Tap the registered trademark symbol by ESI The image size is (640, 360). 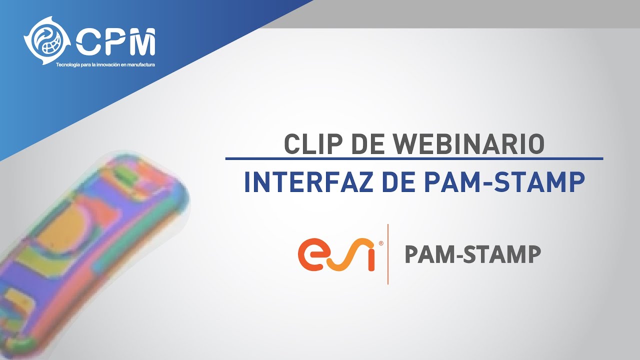click(x=381, y=243)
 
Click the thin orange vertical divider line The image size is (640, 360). click(x=388, y=254)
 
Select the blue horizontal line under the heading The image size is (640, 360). click(x=414, y=158)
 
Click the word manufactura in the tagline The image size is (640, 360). click(x=140, y=65)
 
